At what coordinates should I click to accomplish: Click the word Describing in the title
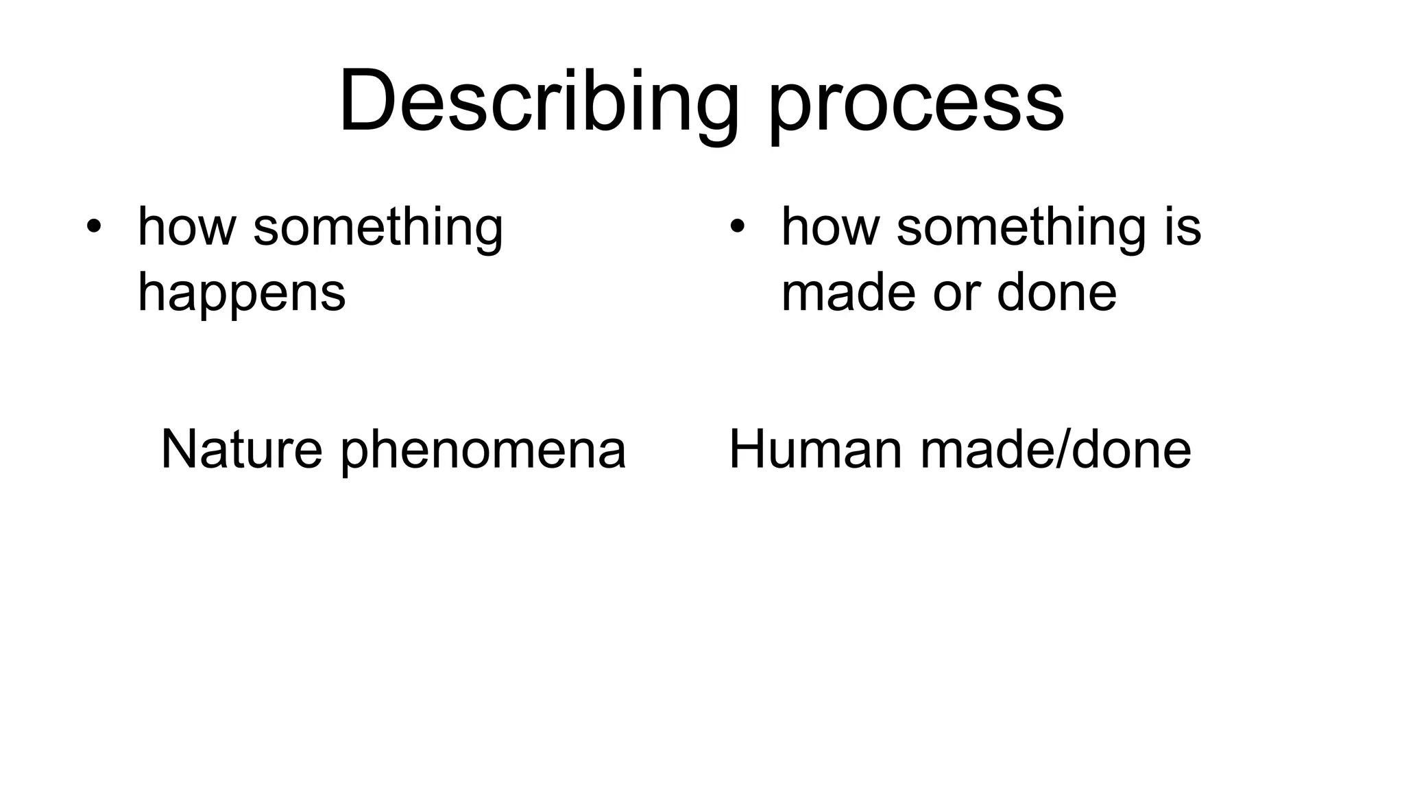(539, 101)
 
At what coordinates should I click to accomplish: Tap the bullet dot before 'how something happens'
(94, 226)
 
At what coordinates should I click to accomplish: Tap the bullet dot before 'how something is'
(737, 226)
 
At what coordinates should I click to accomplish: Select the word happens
(241, 294)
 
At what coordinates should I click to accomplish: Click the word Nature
(241, 449)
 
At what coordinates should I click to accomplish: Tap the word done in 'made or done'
(1056, 292)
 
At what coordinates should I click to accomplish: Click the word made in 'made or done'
(848, 292)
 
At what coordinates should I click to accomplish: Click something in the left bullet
(378, 229)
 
